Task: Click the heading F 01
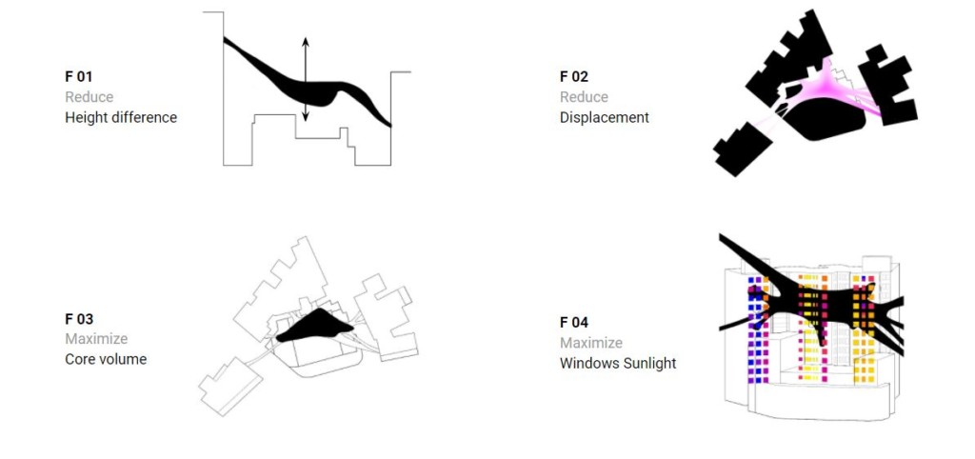tap(79, 75)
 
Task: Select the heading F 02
tap(574, 75)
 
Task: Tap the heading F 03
tap(79, 319)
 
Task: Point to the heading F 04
tap(574, 322)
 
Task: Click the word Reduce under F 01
tap(89, 96)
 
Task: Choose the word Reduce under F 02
tap(584, 96)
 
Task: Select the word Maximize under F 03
tap(96, 339)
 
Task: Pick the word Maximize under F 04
tap(591, 343)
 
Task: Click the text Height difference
tap(121, 117)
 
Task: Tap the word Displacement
tap(605, 117)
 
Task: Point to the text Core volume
tap(106, 359)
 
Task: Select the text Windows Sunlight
tap(618, 363)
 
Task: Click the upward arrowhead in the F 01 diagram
tap(305, 42)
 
